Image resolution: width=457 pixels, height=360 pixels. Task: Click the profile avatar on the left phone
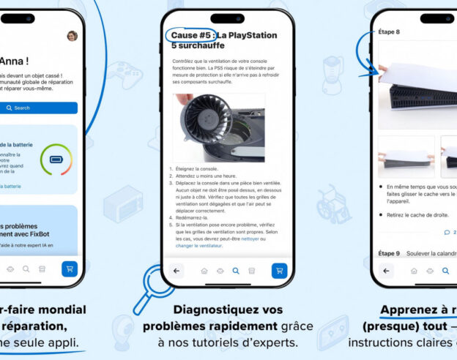(72, 36)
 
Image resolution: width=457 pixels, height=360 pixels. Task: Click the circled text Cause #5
(190, 34)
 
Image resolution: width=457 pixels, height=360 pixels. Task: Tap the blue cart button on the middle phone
(278, 271)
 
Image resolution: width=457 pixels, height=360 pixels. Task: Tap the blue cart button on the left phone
(69, 269)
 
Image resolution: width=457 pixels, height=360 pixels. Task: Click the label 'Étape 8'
(388, 31)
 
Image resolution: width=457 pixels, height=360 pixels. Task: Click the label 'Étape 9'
(388, 252)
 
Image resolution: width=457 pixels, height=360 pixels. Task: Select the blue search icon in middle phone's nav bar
(236, 271)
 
